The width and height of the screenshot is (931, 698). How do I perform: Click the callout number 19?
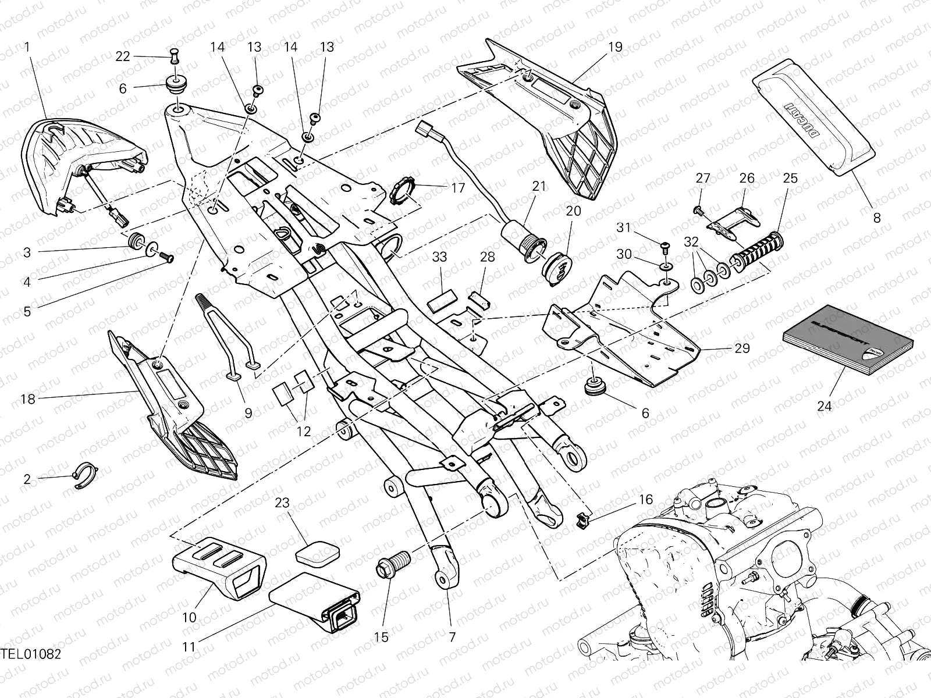tap(615, 47)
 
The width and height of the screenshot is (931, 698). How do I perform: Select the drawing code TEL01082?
tap(30, 670)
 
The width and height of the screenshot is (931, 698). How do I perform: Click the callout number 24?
tap(825, 406)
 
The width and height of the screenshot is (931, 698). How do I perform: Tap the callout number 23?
tap(282, 503)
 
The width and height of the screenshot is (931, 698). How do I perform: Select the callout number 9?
tap(248, 414)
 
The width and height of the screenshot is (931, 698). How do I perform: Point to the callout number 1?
tap(27, 47)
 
